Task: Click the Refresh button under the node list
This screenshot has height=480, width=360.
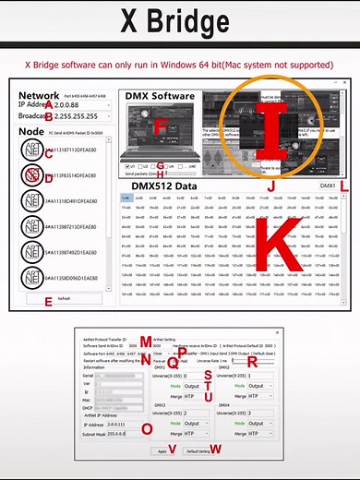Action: pos(65,299)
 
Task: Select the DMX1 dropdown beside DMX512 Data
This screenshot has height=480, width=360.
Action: pos(327,186)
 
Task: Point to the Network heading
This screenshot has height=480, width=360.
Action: pos(39,95)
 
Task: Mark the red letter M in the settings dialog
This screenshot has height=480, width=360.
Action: pos(144,342)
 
